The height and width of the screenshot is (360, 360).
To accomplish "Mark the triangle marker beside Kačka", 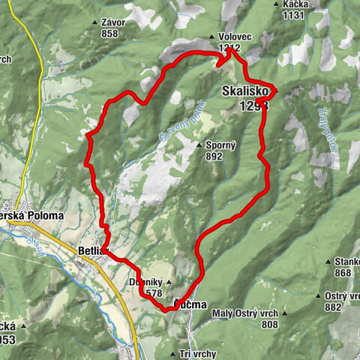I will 277,4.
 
